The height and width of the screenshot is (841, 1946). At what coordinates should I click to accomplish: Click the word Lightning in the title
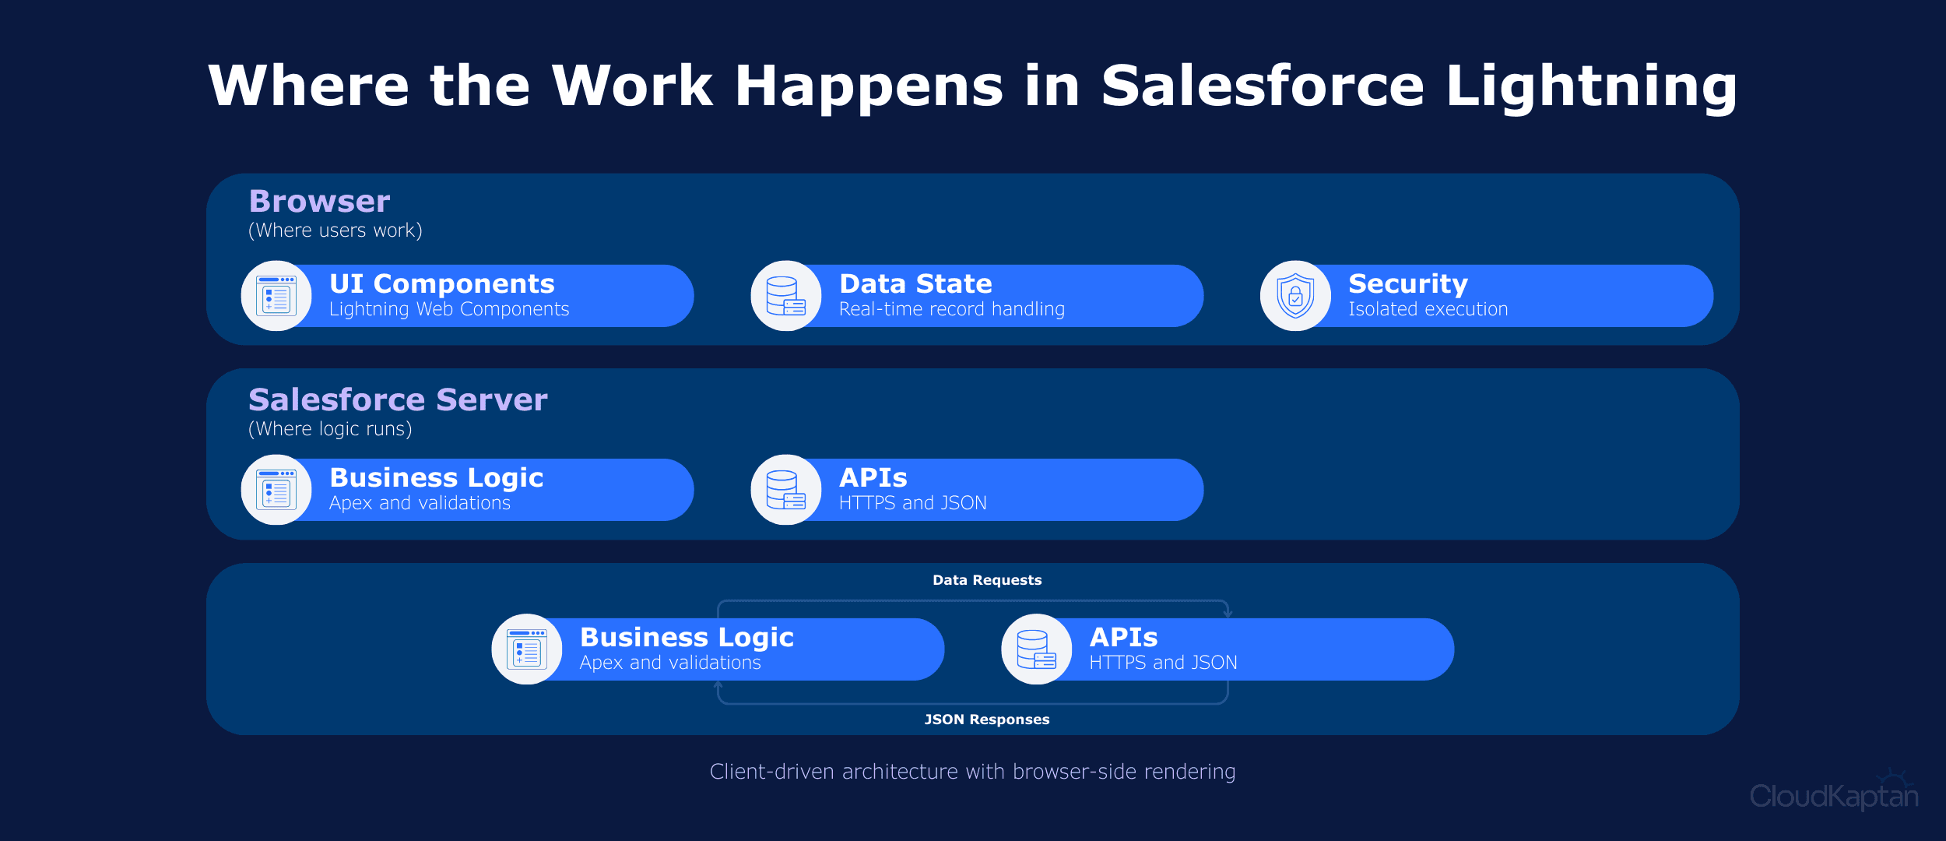pyautogui.click(x=1591, y=86)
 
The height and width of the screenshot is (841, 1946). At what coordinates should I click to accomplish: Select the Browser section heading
pyautogui.click(x=319, y=202)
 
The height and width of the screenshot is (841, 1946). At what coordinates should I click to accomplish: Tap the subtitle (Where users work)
pyautogui.click(x=335, y=230)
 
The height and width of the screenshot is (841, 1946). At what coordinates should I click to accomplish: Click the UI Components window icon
pyautogui.click(x=276, y=296)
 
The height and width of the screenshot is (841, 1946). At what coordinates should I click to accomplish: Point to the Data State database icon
pyautogui.click(x=785, y=296)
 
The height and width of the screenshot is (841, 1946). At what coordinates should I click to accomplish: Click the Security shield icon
pyautogui.click(x=1295, y=296)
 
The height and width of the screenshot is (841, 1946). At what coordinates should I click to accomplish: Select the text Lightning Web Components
pyautogui.click(x=449, y=310)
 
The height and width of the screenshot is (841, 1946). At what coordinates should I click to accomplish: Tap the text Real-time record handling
pyautogui.click(x=951, y=310)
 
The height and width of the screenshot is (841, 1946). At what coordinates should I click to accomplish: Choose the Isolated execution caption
pyautogui.click(x=1428, y=310)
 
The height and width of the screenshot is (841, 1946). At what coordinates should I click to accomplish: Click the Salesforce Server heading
pyautogui.click(x=398, y=400)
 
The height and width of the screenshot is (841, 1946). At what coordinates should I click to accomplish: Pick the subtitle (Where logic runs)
pyautogui.click(x=330, y=429)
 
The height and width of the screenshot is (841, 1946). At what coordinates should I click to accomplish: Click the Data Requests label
pyautogui.click(x=986, y=580)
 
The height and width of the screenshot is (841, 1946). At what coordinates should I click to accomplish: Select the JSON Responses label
pyautogui.click(x=986, y=720)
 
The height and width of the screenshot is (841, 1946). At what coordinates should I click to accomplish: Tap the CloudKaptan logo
pyautogui.click(x=1833, y=795)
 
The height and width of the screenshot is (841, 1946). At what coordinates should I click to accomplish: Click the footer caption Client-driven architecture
pyautogui.click(x=972, y=772)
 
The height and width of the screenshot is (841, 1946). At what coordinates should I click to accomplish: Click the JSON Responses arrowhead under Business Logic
pyautogui.click(x=718, y=684)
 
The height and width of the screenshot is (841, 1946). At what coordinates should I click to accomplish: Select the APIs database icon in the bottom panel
pyautogui.click(x=1036, y=649)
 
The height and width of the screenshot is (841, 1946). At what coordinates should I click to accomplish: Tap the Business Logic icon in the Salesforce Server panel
pyautogui.click(x=276, y=490)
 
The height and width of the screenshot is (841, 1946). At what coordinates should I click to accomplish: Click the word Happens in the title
pyautogui.click(x=869, y=86)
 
